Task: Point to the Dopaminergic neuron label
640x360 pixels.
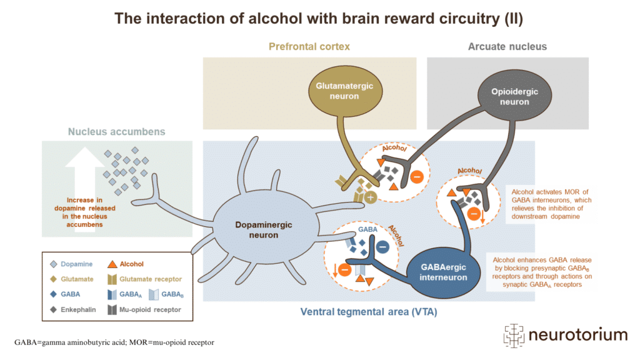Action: click(262, 228)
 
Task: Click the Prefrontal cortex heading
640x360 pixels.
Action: click(309, 46)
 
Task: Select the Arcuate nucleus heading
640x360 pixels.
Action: click(507, 46)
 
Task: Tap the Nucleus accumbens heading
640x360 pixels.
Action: click(107, 132)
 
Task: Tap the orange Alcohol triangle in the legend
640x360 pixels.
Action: click(114, 264)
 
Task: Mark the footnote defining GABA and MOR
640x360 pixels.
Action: click(114, 342)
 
